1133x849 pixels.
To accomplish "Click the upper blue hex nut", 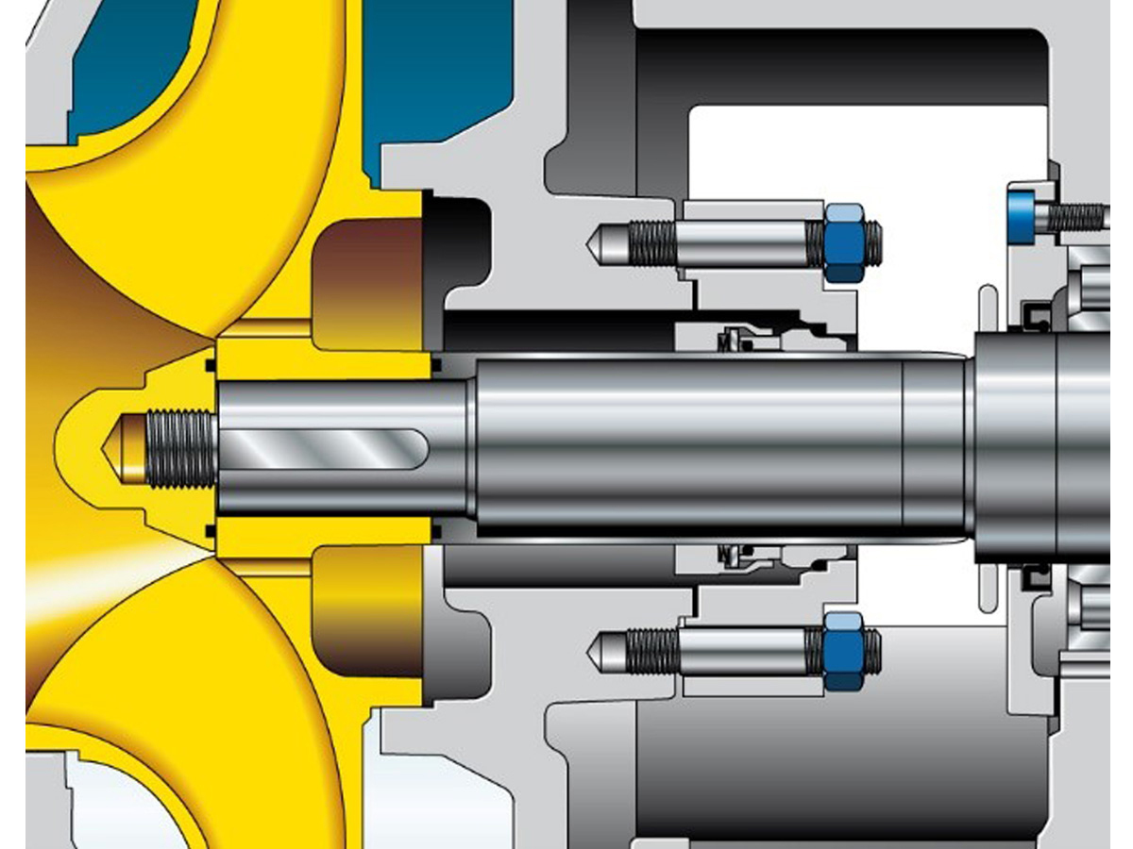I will click(x=843, y=242).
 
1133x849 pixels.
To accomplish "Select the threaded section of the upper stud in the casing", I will click(x=651, y=242).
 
